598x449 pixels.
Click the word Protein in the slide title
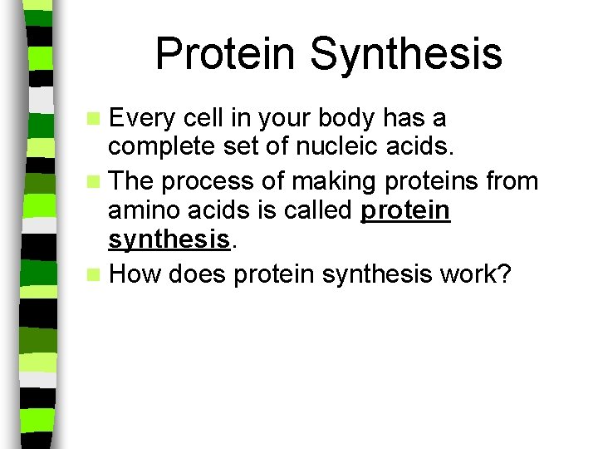click(226, 53)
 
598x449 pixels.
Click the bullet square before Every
click(99, 119)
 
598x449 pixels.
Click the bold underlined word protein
click(406, 211)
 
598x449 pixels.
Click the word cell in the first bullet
click(210, 118)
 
